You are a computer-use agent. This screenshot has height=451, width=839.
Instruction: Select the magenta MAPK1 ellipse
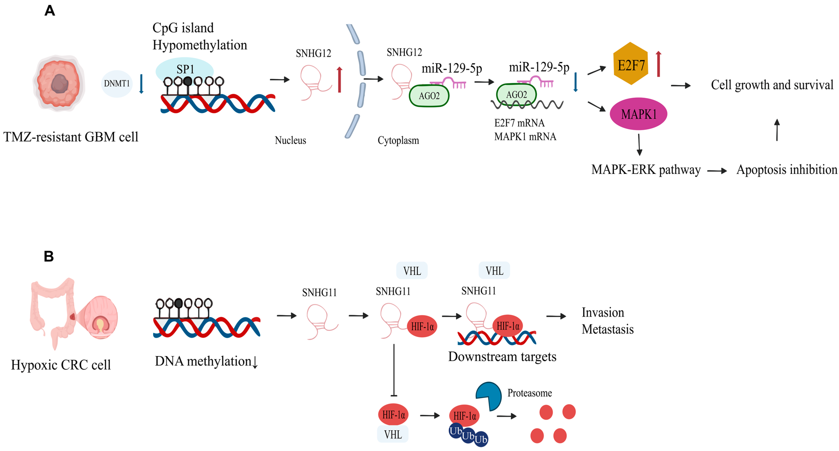point(638,114)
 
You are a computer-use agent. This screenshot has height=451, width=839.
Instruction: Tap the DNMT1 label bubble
point(117,84)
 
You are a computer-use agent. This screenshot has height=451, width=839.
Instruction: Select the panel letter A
point(50,11)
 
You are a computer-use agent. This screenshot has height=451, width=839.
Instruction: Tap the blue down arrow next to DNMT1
point(141,84)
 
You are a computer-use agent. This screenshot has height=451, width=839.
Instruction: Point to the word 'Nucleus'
point(290,140)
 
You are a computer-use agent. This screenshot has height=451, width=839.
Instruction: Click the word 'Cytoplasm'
point(398,140)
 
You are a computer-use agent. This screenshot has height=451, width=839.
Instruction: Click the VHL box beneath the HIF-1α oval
point(393,434)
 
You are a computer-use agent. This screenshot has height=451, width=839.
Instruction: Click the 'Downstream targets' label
point(502,357)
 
